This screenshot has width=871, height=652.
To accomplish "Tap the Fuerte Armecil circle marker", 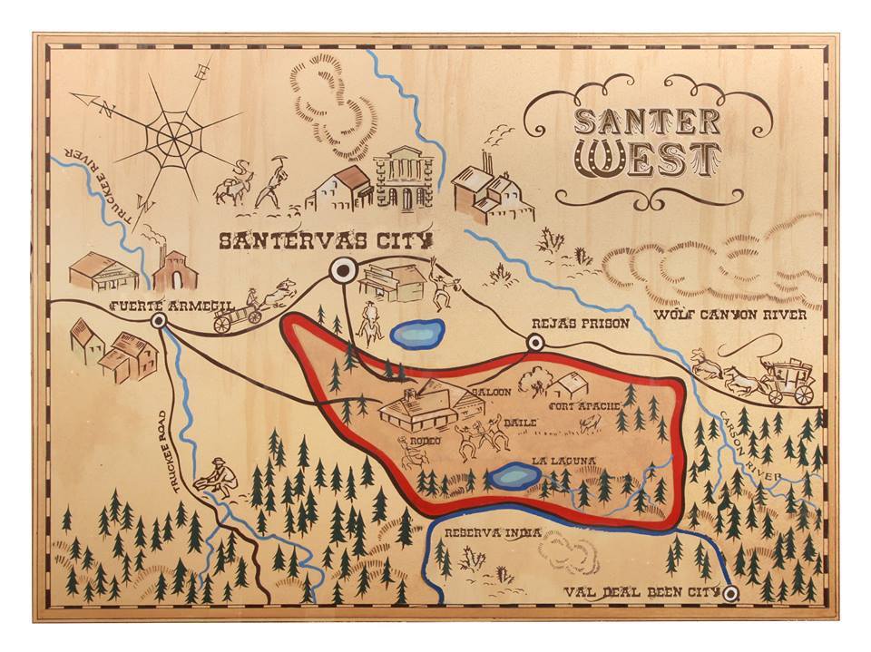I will (x=159, y=321).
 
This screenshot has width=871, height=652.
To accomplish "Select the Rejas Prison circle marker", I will (x=535, y=342).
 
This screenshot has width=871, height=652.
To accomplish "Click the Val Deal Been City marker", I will (x=731, y=594).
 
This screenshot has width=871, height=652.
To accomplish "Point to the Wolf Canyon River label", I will (x=730, y=316).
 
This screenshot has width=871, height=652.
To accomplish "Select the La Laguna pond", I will (x=513, y=476).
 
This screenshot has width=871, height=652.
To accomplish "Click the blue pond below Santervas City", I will (x=417, y=333).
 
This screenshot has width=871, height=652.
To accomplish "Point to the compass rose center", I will (x=172, y=139).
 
